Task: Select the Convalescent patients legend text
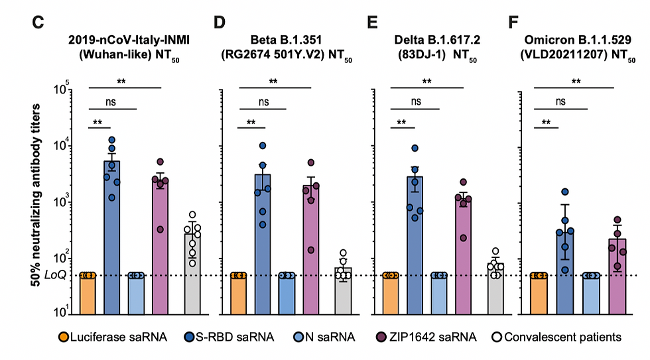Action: coord(563,337)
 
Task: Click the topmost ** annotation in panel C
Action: coord(121,81)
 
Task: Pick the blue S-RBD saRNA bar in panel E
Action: coord(415,245)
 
